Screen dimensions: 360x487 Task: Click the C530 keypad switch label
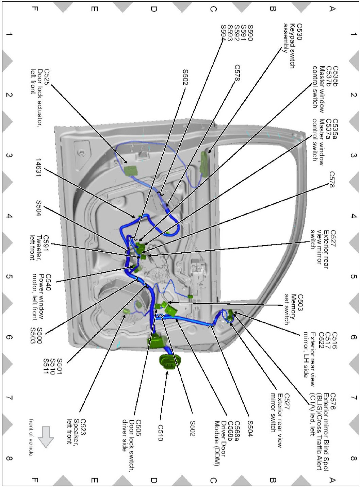(x=299, y=32)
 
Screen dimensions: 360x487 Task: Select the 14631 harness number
(x=38, y=168)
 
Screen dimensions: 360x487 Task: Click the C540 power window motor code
(x=48, y=282)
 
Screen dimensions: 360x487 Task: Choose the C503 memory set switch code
(x=300, y=303)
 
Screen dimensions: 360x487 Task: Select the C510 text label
(x=161, y=433)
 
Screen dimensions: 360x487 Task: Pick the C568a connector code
(x=238, y=431)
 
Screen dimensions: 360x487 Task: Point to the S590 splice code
(x=250, y=33)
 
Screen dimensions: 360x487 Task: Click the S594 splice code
(x=223, y=33)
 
